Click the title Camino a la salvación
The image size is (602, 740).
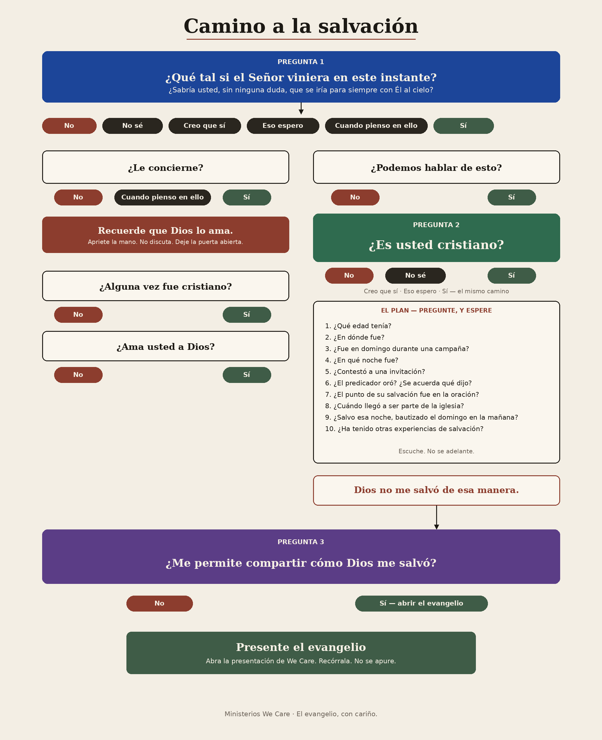tap(301, 26)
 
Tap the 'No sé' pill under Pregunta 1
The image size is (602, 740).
tap(132, 126)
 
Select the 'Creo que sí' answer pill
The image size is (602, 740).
tap(205, 126)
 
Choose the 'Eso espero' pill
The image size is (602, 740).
tap(283, 126)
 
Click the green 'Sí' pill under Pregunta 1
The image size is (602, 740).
tap(464, 126)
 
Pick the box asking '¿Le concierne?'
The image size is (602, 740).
tap(166, 167)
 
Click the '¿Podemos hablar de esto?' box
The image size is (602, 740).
tap(436, 167)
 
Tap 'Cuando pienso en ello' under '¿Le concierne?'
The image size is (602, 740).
tap(163, 198)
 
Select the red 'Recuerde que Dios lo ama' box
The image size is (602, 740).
tap(166, 235)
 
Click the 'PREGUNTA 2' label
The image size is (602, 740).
tap(436, 225)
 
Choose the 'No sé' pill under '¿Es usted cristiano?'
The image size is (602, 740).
tap(415, 276)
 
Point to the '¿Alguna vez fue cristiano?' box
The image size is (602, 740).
tap(166, 286)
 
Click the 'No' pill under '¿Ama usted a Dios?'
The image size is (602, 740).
tap(78, 375)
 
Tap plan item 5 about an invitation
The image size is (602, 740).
tap(375, 372)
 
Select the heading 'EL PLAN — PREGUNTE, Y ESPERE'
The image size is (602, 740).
tap(436, 310)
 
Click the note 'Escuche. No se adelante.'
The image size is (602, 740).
tap(436, 451)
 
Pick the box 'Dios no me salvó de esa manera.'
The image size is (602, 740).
tap(436, 490)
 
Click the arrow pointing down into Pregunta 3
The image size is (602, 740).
tap(436, 517)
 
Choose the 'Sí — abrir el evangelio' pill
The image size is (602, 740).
tap(421, 603)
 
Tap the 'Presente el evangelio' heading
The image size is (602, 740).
tap(301, 647)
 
